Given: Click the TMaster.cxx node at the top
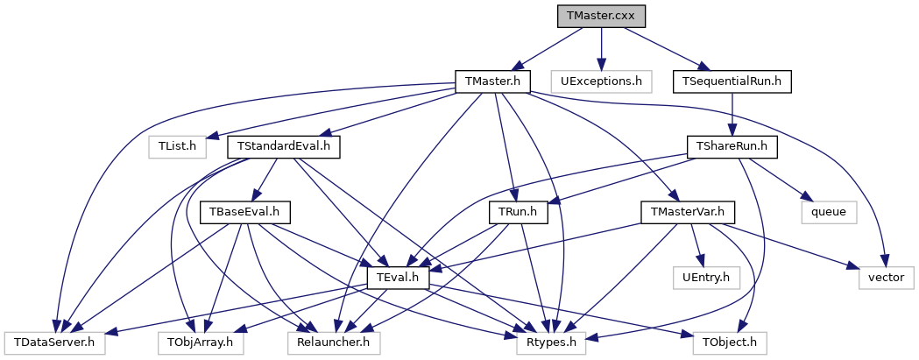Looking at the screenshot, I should (x=601, y=16).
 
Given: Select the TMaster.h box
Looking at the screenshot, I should (x=493, y=81).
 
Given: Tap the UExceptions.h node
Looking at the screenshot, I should (x=601, y=81).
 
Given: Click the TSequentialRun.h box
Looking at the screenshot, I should (x=732, y=81).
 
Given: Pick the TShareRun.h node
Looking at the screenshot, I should (x=732, y=146).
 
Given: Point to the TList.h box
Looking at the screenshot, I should (x=176, y=146).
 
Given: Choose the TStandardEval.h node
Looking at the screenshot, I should (x=284, y=146).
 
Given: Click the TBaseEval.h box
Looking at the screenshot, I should (x=245, y=212).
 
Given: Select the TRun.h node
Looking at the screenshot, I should (x=518, y=212).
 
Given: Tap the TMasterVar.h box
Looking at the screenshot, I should (x=689, y=212).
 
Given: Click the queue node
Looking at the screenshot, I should (x=828, y=212).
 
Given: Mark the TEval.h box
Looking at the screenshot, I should (x=402, y=278).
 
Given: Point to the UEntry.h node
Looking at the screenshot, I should (x=706, y=278).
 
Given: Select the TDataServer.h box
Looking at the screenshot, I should (x=54, y=342).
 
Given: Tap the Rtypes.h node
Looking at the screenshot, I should (x=550, y=342).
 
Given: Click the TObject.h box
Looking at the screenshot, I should (x=729, y=342).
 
